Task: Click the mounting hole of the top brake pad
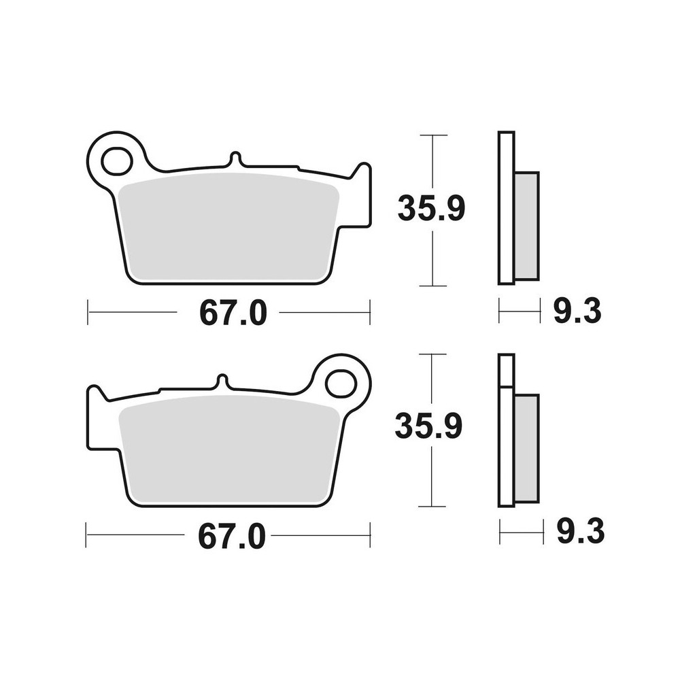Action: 116,162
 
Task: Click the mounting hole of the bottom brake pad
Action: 341,384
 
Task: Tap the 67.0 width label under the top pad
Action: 233,313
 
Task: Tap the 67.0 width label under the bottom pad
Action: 231,537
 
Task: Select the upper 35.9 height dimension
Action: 431,209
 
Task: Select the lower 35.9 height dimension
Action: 429,427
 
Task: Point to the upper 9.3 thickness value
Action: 577,312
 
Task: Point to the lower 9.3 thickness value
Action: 580,533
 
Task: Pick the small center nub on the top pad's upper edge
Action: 235,158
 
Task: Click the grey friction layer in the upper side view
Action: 526,226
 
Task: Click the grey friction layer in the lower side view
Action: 526,449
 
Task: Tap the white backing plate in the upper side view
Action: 506,207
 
